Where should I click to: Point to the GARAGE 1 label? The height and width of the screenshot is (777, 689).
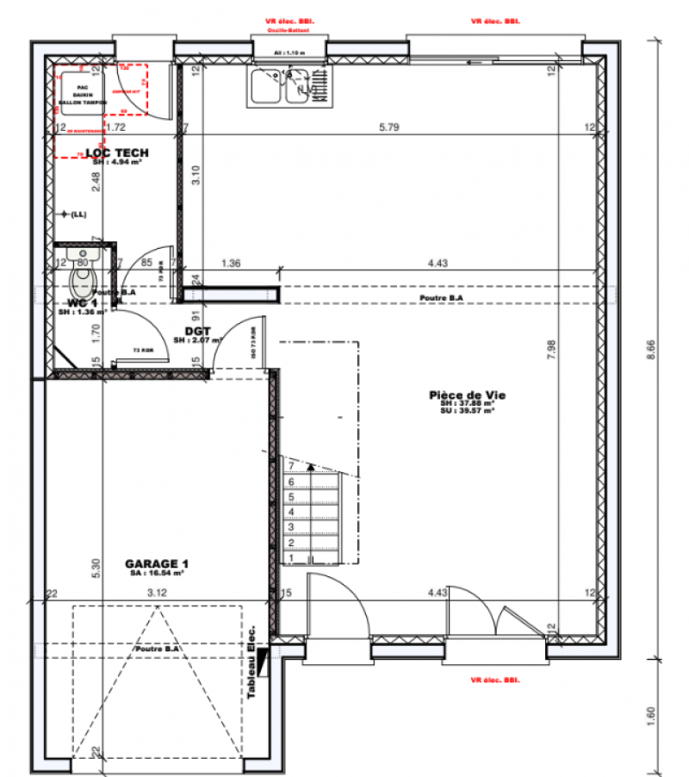click(156, 564)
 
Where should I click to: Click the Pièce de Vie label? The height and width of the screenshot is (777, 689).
click(467, 395)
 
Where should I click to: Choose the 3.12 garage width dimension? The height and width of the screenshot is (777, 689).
click(156, 593)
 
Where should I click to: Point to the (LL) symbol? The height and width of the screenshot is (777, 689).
click(73, 214)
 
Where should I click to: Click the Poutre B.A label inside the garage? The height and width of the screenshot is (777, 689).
click(158, 649)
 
